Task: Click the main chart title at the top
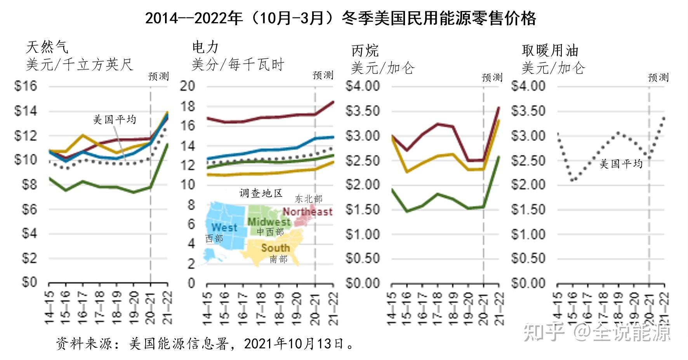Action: point(341,18)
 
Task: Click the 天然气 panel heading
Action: point(47,47)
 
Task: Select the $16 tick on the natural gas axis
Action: point(26,86)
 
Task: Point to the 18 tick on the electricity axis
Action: point(187,106)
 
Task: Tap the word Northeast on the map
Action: point(308,212)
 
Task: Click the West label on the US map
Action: point(224,228)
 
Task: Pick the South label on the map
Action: point(275,248)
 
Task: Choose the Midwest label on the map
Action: point(269,222)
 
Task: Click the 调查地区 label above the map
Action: point(261,193)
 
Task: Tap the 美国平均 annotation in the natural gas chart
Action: point(115,119)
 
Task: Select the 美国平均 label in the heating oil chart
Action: point(621,164)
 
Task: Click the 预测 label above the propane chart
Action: point(492,77)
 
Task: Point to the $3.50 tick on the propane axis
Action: point(362,111)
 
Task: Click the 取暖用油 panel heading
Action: point(550,50)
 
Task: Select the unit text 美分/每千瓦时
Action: point(238,64)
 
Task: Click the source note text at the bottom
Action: point(205,343)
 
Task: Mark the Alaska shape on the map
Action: point(212,255)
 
